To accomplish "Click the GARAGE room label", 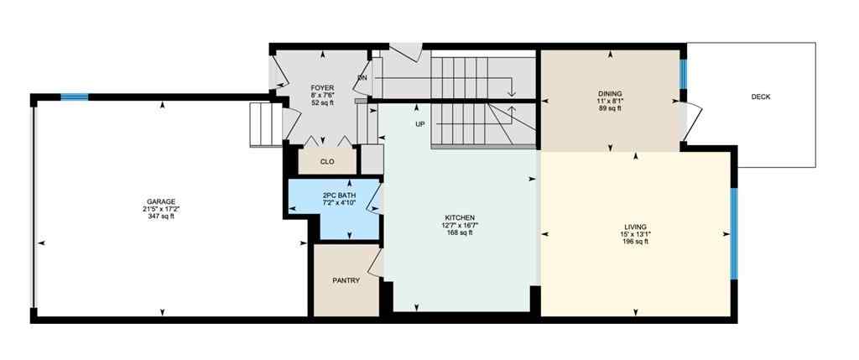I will pyautogui.click(x=161, y=201).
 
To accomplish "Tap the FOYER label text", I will pyautogui.click(x=322, y=87).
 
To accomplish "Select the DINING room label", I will pyautogui.click(x=610, y=93).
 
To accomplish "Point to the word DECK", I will pyautogui.click(x=761, y=97).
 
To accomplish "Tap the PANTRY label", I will pyautogui.click(x=346, y=280).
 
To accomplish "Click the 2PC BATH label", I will pyautogui.click(x=339, y=196).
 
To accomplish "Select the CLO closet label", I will pyautogui.click(x=327, y=162).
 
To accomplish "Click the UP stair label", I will pyautogui.click(x=419, y=124).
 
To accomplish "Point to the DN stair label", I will pyautogui.click(x=362, y=78).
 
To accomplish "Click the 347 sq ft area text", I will pyautogui.click(x=161, y=217).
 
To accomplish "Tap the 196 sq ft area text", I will pyautogui.click(x=634, y=242).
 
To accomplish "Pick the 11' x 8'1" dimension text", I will pyautogui.click(x=610, y=101).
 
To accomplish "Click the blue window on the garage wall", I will pyautogui.click(x=74, y=97).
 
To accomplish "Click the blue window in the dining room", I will pyautogui.click(x=683, y=73).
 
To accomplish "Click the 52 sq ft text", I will pyautogui.click(x=322, y=102).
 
